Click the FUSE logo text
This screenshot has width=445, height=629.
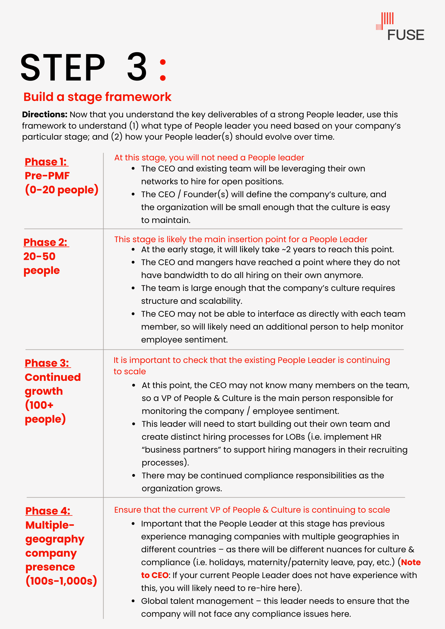(405, 35)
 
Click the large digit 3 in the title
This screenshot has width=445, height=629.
(137, 67)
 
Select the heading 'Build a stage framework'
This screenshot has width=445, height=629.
(97, 97)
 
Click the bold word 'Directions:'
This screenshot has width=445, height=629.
(45, 114)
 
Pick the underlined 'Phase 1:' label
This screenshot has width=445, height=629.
(46, 162)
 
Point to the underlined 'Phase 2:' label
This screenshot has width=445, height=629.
(46, 242)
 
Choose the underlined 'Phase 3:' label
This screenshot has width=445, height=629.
(47, 363)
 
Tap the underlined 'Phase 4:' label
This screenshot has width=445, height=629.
(48, 511)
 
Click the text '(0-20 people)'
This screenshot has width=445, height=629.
(62, 190)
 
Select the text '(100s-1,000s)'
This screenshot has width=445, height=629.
(61, 581)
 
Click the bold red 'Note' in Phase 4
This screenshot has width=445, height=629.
(411, 562)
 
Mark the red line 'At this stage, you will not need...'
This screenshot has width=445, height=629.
(209, 158)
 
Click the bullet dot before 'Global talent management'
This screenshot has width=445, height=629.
(133, 601)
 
